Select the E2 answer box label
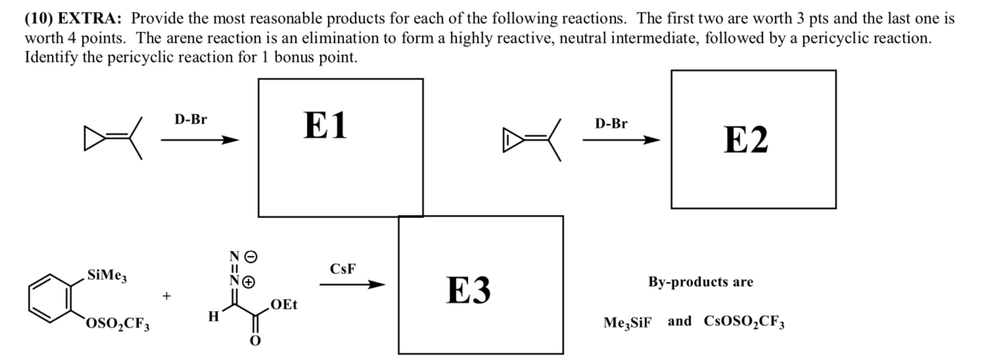tap(745, 140)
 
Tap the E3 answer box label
tap(469, 290)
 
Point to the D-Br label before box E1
tap(190, 120)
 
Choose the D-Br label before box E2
tap(611, 124)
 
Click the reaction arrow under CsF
tap(352, 284)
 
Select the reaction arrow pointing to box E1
tap(199, 140)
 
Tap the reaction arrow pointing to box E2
tap(620, 140)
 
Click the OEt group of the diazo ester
tap(284, 305)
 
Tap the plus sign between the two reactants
tap(168, 296)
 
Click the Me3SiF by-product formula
tap(628, 323)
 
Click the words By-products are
tap(700, 282)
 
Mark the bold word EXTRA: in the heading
tap(91, 19)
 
